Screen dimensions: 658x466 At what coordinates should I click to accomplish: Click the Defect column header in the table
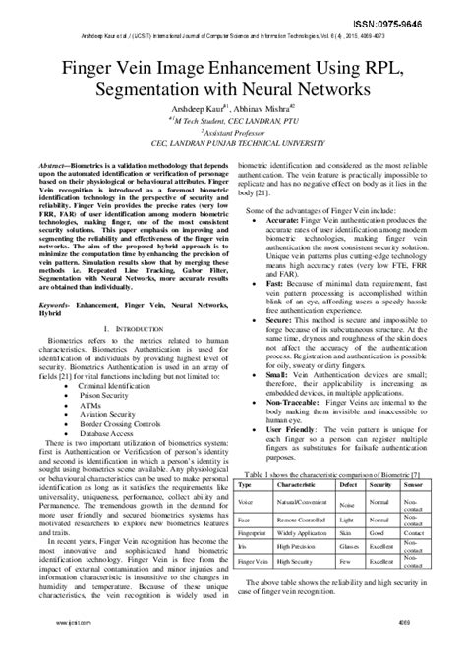coord(349,485)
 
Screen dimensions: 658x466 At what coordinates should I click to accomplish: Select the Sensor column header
coord(414,485)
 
